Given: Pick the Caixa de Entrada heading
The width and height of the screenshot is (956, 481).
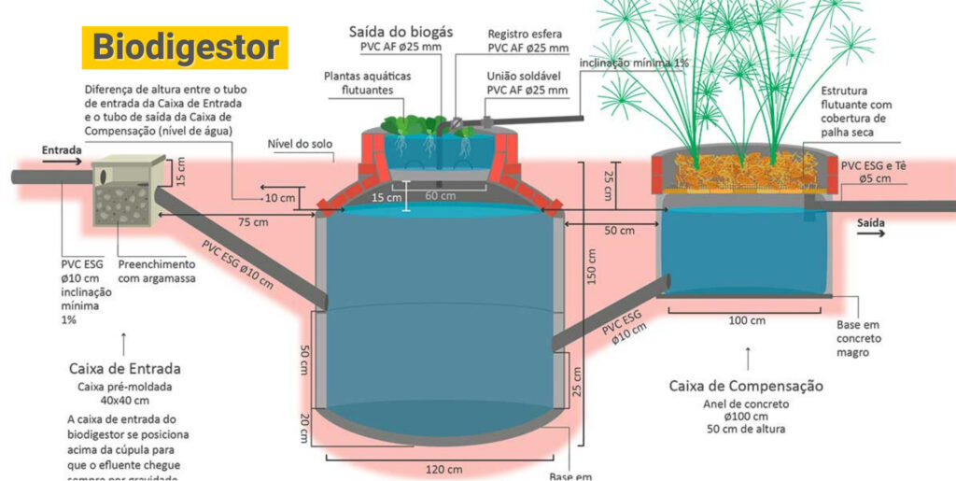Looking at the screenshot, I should pos(125,368).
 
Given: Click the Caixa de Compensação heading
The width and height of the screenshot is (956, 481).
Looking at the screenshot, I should pos(746,385).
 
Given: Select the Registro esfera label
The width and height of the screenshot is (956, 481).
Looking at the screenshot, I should pos(527,34).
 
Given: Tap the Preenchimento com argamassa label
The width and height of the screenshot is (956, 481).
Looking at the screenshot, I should pos(157,271).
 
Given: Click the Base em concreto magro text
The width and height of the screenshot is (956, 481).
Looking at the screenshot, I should pos(857,338).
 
